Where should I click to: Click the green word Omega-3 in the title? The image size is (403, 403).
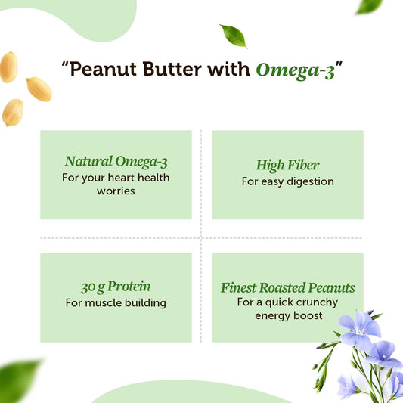coord(295,70)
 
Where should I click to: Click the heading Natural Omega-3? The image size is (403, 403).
coord(116,161)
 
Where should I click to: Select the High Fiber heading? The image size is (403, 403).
coord(287,165)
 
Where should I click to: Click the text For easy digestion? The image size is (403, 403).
coord(287,181)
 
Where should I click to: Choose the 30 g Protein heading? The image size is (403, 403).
coord(116,287)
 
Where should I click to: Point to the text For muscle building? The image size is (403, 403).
coord(116,303)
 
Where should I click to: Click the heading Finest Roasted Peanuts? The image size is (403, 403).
coord(287,287)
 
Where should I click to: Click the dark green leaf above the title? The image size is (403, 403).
coord(233,36)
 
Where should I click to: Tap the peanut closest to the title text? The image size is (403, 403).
coord(39,88)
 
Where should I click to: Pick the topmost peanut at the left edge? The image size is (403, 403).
coord(8,67)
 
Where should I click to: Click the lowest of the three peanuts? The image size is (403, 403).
coord(12,112)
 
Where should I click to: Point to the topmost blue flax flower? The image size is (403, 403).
coord(359,327)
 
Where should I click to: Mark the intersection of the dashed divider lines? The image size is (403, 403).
coord(201,237)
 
